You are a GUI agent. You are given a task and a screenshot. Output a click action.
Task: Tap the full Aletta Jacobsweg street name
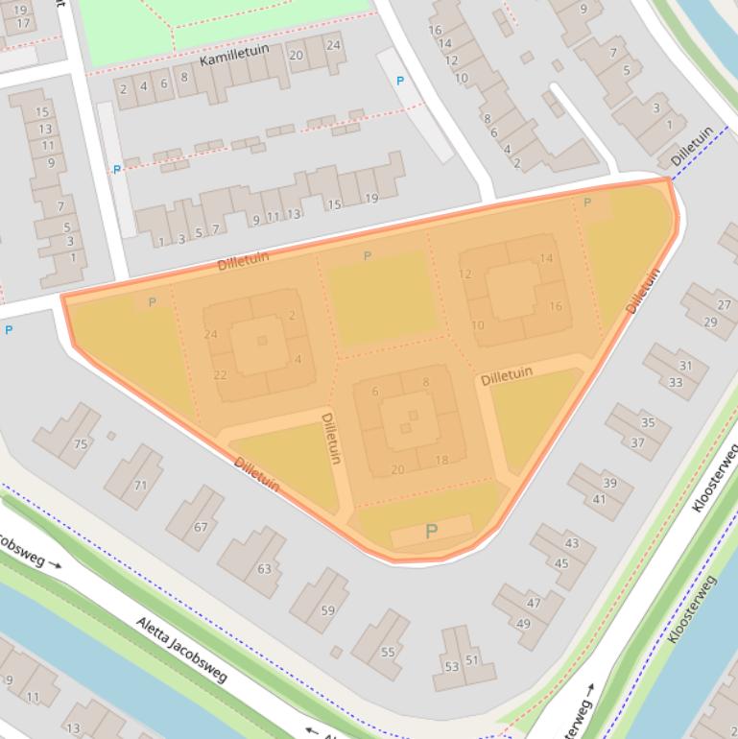click(x=181, y=650)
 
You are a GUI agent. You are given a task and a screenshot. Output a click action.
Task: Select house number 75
click(x=81, y=443)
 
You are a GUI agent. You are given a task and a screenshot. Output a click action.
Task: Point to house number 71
click(x=140, y=486)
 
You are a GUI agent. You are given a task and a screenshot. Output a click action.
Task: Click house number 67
click(x=201, y=527)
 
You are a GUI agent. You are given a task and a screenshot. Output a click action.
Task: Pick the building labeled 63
click(x=264, y=569)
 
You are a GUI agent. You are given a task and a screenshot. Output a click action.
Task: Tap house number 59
click(x=328, y=610)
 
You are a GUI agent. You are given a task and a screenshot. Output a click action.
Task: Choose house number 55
click(x=388, y=652)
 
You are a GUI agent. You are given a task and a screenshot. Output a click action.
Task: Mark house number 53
click(x=451, y=666)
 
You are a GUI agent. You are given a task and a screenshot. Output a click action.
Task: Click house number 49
click(x=524, y=624)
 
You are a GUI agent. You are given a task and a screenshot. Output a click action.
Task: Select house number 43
click(x=572, y=543)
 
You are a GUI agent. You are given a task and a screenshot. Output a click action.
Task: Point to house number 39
click(x=610, y=483)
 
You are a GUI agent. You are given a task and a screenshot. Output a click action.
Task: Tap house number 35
click(x=648, y=422)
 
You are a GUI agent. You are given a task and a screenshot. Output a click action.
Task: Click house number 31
click(x=685, y=366)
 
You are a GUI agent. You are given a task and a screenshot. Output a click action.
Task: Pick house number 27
click(x=724, y=305)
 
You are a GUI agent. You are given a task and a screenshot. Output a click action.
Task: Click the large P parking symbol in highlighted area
click(x=431, y=531)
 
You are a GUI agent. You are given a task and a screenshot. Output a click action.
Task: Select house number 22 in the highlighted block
click(x=221, y=375)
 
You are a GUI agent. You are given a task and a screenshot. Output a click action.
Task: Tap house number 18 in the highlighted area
click(x=441, y=461)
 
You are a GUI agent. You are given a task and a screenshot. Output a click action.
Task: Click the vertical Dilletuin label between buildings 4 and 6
click(x=331, y=438)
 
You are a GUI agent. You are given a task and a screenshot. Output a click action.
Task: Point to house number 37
click(x=637, y=442)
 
